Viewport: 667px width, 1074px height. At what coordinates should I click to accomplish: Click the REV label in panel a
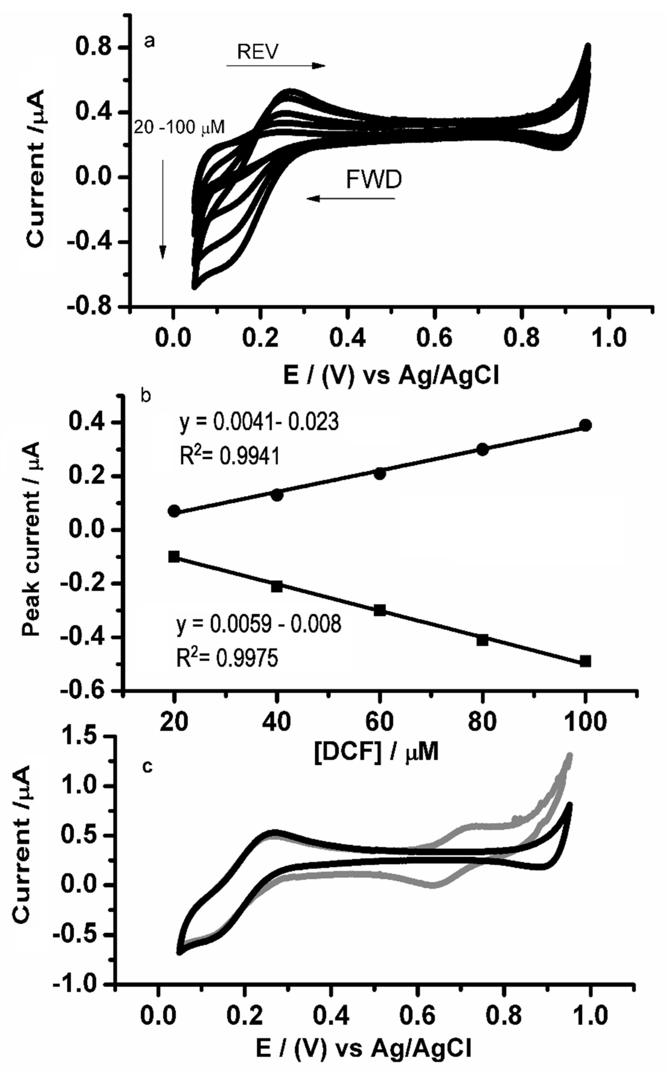(258, 52)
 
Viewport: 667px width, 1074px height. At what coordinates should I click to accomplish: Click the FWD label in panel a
(374, 180)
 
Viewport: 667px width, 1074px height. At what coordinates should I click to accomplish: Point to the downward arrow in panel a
(163, 210)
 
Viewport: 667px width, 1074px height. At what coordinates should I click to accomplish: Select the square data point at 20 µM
(174, 556)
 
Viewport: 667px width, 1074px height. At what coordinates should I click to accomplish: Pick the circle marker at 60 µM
(380, 474)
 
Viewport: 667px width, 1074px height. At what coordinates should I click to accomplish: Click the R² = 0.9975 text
(227, 659)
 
